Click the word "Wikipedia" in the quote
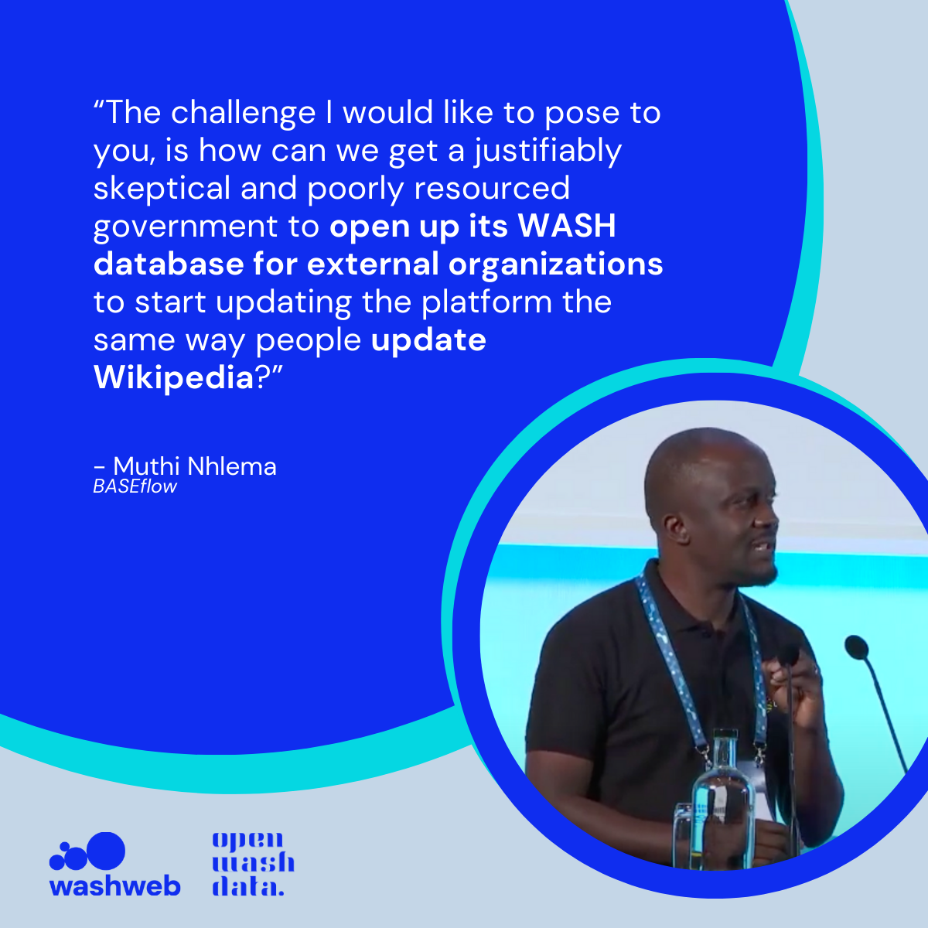(x=173, y=377)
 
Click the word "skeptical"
(x=162, y=189)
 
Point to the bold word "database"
(x=169, y=264)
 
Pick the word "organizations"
(x=556, y=265)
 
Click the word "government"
(x=186, y=227)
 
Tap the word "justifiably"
(x=548, y=152)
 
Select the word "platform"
(x=486, y=302)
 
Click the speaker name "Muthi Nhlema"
(x=195, y=466)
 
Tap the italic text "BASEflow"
(x=135, y=487)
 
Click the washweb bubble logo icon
(x=87, y=853)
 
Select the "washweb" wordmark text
(x=114, y=886)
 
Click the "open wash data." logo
(x=253, y=863)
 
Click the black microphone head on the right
(x=857, y=647)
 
